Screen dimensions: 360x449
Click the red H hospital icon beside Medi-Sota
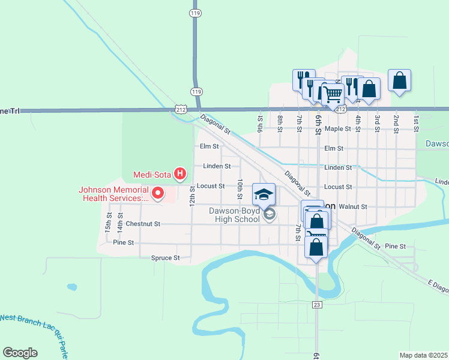point(179,175)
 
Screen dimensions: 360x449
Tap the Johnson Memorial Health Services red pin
point(158,193)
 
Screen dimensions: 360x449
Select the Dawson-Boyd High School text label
point(234,215)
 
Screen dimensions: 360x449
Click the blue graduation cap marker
point(263,194)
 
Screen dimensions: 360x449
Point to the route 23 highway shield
point(317,305)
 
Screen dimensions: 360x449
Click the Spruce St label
point(165,258)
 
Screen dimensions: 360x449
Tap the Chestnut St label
point(143,224)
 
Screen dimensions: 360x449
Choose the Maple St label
point(337,129)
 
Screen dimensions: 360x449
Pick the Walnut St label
point(352,206)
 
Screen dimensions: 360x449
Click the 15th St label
point(109,222)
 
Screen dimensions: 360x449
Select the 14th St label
point(120,222)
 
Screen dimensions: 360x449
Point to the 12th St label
point(193,196)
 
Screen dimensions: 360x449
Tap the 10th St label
point(240,189)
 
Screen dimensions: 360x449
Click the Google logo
point(20,353)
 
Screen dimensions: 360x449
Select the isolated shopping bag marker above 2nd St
point(400,81)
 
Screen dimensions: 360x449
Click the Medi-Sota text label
point(152,175)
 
